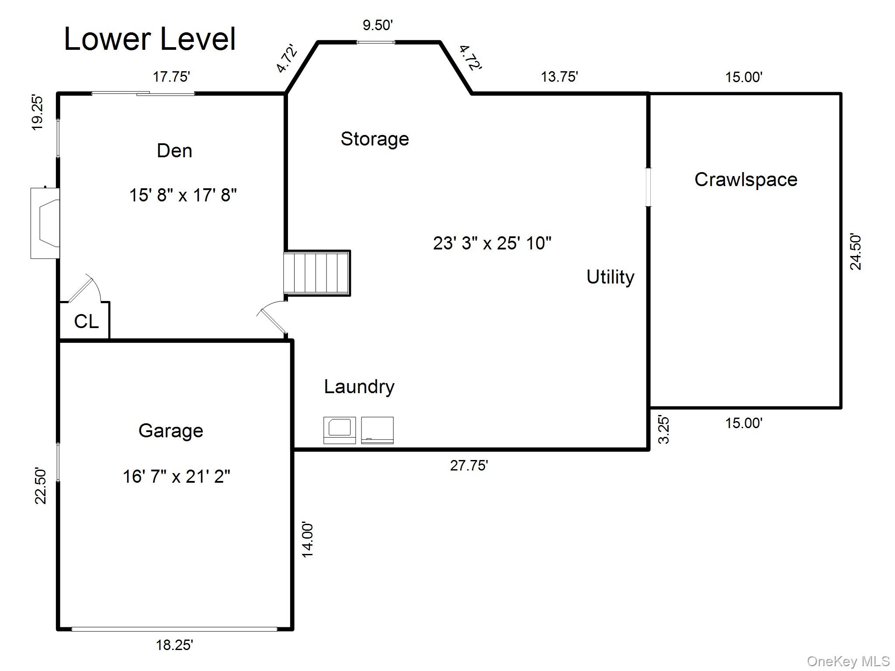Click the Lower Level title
click(x=150, y=39)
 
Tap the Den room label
click(x=174, y=151)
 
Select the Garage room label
click(x=171, y=431)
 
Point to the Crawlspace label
click(x=746, y=180)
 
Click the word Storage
click(x=375, y=139)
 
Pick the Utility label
click(x=610, y=277)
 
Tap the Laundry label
click(x=359, y=387)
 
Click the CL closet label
click(x=87, y=322)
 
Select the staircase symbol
click(x=317, y=273)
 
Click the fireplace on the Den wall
click(x=45, y=223)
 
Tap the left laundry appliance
click(x=340, y=430)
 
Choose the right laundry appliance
click(x=378, y=430)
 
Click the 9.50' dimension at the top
click(x=378, y=25)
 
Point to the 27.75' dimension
click(x=469, y=466)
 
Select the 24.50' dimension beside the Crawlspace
click(x=856, y=252)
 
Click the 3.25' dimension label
click(x=664, y=430)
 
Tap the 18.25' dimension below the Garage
click(x=175, y=645)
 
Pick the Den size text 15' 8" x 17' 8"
click(x=183, y=195)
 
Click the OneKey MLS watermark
click(x=848, y=661)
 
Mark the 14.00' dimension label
click(x=308, y=540)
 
